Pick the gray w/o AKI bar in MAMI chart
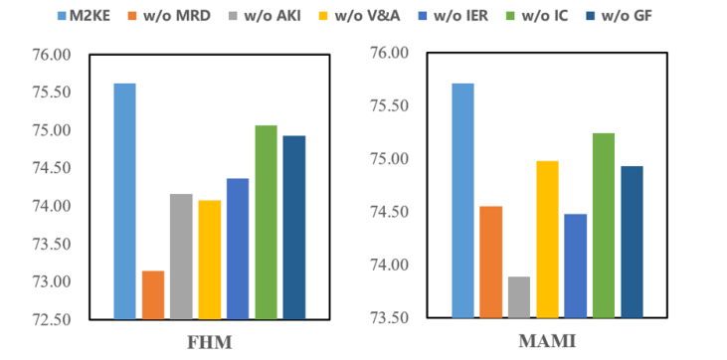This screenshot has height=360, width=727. point(518,297)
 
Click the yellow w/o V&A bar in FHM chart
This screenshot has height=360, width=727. point(209,259)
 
